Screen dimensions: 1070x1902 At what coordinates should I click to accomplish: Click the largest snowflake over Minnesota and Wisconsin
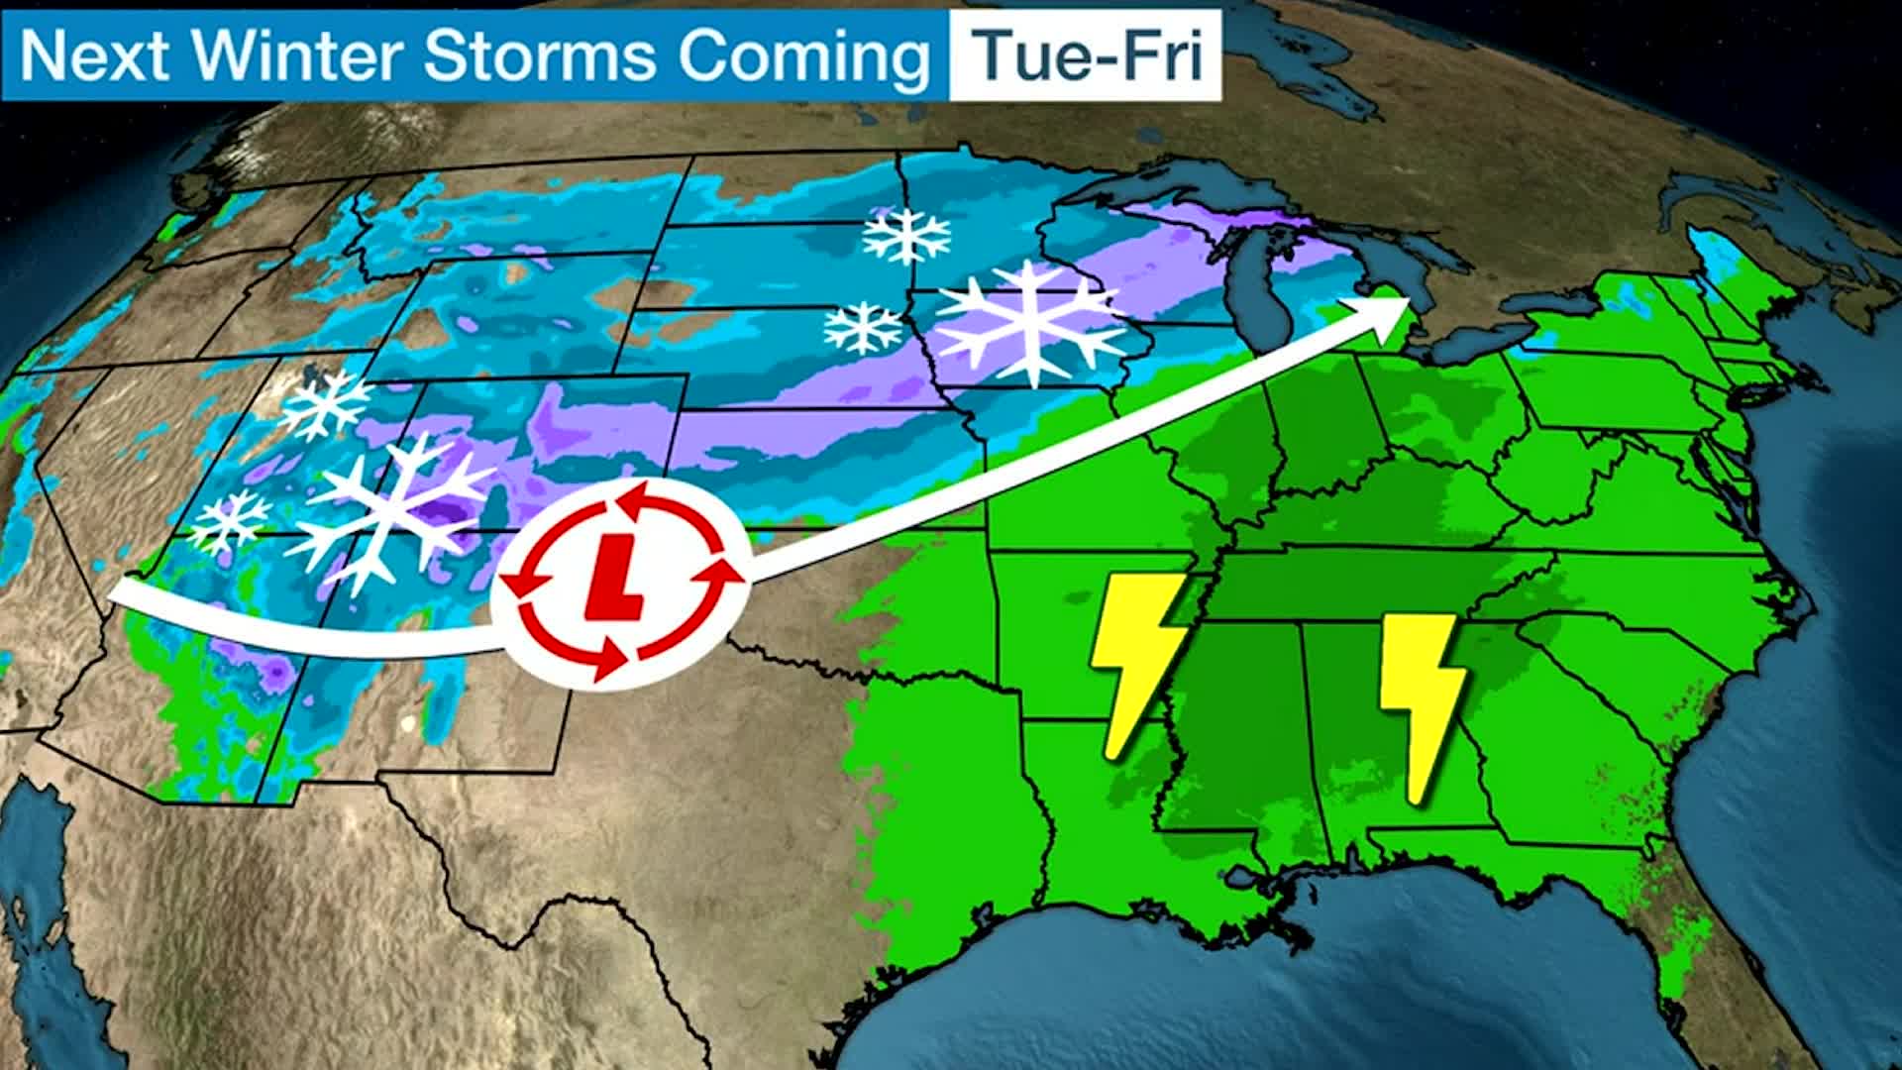coord(1031,323)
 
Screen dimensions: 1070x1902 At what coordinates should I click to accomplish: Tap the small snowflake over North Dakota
coord(905,236)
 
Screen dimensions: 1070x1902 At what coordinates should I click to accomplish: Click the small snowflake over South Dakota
coord(863,328)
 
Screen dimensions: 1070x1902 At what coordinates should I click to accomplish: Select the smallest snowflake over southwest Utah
coord(230,519)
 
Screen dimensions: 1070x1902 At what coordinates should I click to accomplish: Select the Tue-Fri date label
coord(1086,55)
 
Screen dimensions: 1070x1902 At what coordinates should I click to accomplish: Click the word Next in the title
coord(94,55)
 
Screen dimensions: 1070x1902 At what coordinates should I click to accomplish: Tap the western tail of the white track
coord(129,593)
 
